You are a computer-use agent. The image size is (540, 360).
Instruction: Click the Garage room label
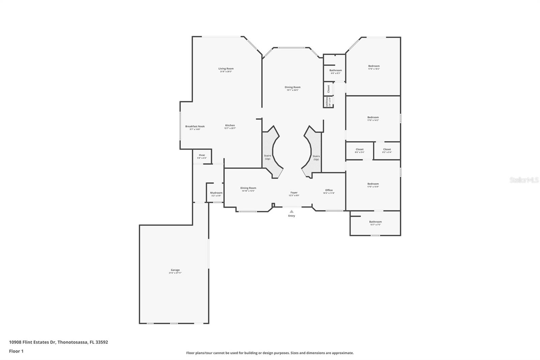pyautogui.click(x=175, y=271)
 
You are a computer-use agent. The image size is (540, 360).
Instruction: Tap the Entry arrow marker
pyautogui.click(x=292, y=211)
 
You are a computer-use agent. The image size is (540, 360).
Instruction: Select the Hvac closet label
pyautogui.click(x=202, y=156)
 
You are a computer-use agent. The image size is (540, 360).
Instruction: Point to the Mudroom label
pyautogui.click(x=216, y=194)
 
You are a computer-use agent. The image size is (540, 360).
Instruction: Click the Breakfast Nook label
pyautogui.click(x=195, y=127)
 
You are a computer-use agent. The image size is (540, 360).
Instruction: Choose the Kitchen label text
pyautogui.click(x=230, y=126)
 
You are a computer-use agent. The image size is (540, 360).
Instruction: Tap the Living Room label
pyautogui.click(x=226, y=70)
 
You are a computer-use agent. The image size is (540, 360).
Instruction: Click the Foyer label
pyautogui.click(x=294, y=194)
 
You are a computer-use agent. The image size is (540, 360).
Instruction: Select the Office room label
pyautogui.click(x=329, y=191)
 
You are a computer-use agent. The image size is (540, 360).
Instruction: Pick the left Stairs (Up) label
pyautogui.click(x=267, y=157)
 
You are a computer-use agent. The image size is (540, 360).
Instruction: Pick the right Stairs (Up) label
pyautogui.click(x=316, y=157)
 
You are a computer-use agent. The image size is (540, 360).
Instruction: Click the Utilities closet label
pyautogui.click(x=327, y=102)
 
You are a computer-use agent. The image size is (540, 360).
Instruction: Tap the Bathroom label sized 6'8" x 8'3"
pyautogui.click(x=335, y=71)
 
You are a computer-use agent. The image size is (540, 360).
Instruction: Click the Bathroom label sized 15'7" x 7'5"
pyautogui.click(x=375, y=223)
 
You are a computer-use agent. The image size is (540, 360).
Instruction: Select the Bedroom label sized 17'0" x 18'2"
pyautogui.click(x=374, y=67)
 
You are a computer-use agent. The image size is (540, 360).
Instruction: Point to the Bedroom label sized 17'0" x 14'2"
pyautogui.click(x=373, y=118)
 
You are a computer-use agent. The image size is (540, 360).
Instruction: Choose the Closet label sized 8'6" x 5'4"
pyautogui.click(x=359, y=150)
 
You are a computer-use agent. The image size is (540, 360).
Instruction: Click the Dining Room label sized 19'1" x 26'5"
pyautogui.click(x=292, y=88)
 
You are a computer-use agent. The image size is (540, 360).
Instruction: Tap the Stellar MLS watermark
pyautogui.click(x=524, y=180)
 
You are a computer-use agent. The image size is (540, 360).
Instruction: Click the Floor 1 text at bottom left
pyautogui.click(x=16, y=351)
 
